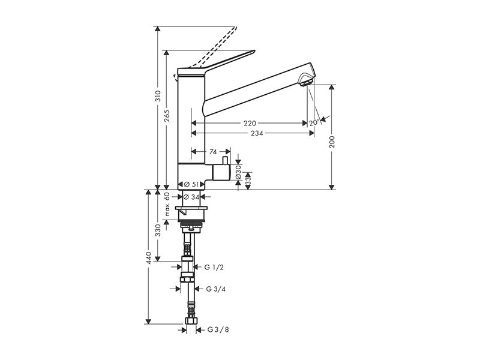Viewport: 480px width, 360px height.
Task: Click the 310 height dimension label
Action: coord(158,97)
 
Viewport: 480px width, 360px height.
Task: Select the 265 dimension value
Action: coord(167,116)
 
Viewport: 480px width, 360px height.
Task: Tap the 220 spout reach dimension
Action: coord(250,124)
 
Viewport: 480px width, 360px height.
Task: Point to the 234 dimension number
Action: coord(257,133)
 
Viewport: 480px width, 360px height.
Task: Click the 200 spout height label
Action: coord(332,142)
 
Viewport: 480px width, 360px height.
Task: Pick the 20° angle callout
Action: coord(314,123)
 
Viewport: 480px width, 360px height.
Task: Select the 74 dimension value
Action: coord(213,152)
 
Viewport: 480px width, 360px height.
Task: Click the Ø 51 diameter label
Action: coord(191,184)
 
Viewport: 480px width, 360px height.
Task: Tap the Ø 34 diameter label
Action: coord(191,197)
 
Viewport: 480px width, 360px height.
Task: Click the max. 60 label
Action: coord(167,204)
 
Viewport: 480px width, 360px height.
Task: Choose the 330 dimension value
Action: coord(158,230)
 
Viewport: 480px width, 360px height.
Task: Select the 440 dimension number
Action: coord(149,258)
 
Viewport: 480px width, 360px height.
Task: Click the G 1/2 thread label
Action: coord(214,268)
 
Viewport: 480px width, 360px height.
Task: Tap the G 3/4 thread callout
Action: coord(216,289)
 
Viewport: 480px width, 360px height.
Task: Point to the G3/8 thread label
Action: coord(218,329)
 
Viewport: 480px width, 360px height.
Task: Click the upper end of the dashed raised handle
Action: coord(235,28)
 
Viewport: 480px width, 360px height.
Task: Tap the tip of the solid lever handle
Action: coord(254,51)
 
